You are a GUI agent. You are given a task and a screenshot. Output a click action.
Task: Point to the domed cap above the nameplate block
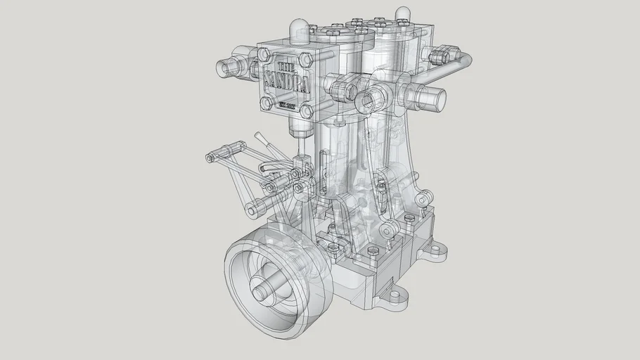coord(297,30)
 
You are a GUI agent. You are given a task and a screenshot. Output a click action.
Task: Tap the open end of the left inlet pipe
coord(224,67)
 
